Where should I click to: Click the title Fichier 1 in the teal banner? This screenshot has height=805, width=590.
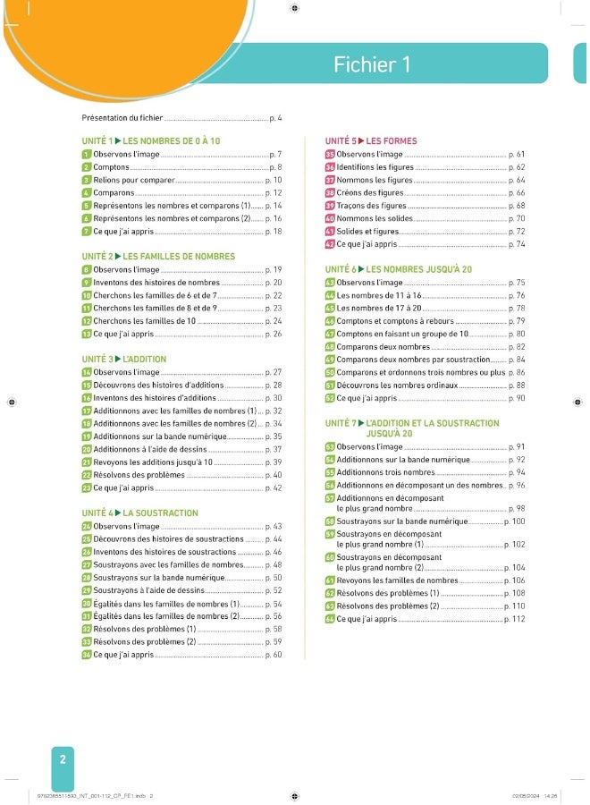pos(372,64)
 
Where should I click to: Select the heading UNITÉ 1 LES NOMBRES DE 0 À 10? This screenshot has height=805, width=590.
pos(150,141)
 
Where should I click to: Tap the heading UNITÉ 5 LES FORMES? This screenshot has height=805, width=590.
pos(371,141)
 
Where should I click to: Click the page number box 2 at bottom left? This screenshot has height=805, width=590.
pos(63,759)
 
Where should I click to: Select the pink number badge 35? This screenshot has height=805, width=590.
pos(329,155)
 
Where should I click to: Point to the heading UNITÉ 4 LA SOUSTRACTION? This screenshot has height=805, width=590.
pos(139,513)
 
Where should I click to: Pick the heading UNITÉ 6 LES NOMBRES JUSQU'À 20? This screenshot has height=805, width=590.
pos(399,269)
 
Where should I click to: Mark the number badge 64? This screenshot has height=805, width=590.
pos(329,619)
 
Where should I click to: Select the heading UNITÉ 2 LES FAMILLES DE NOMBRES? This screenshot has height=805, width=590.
pos(158,257)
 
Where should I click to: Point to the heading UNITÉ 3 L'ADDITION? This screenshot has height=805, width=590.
pos(123,359)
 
